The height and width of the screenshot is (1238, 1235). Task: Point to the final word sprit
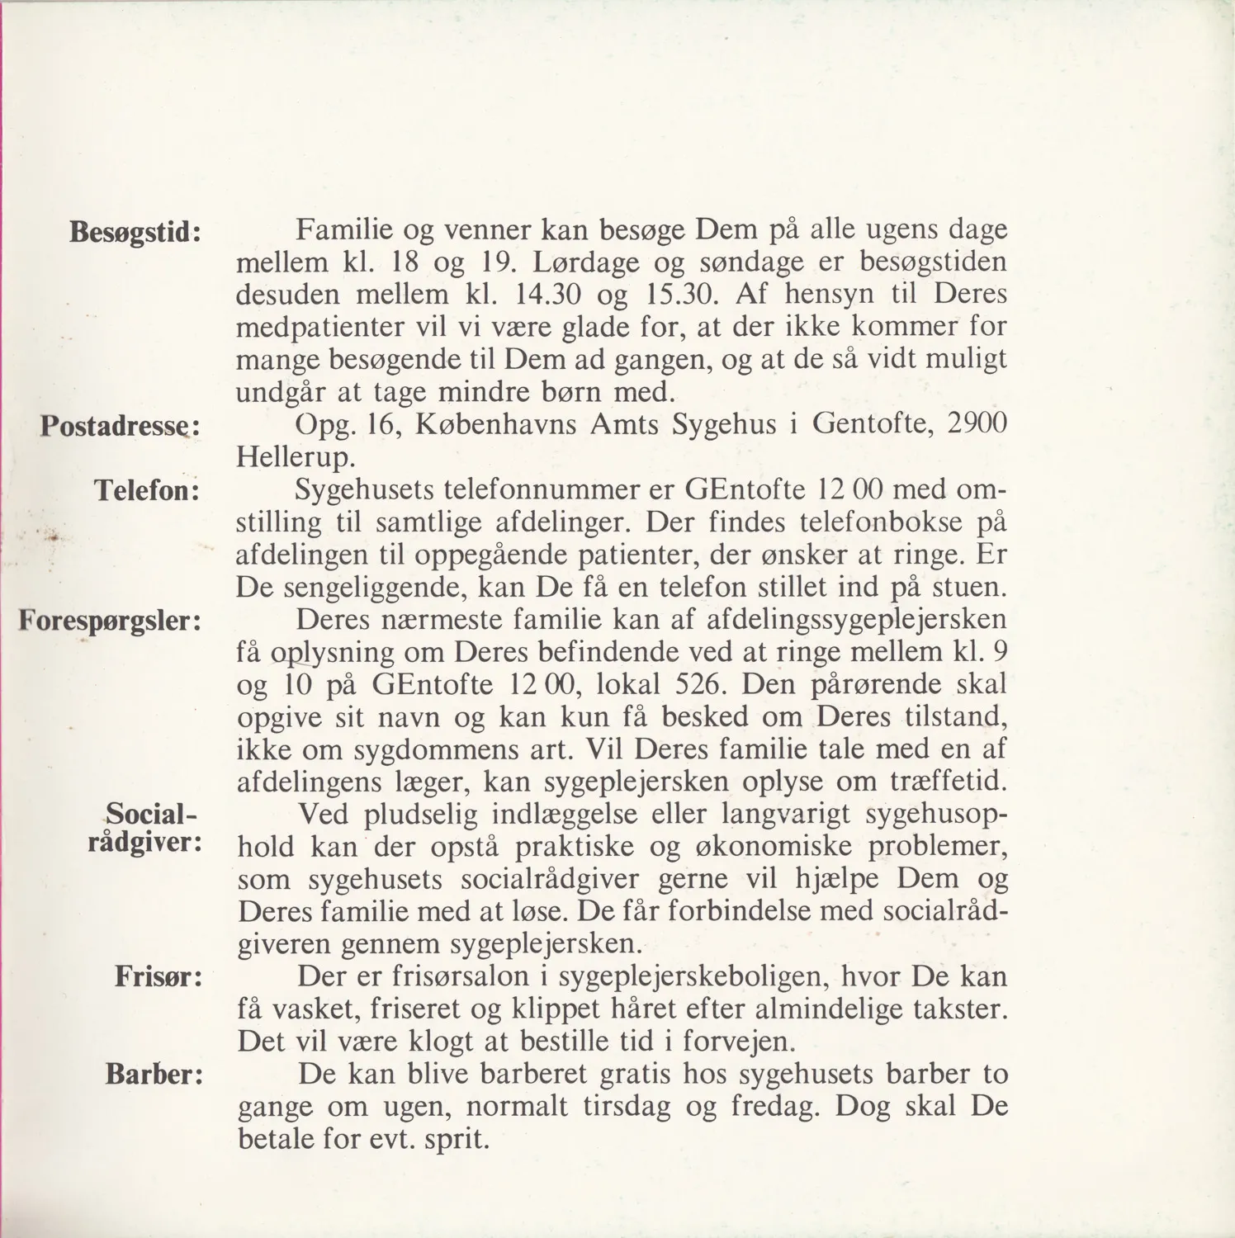(x=457, y=1141)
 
